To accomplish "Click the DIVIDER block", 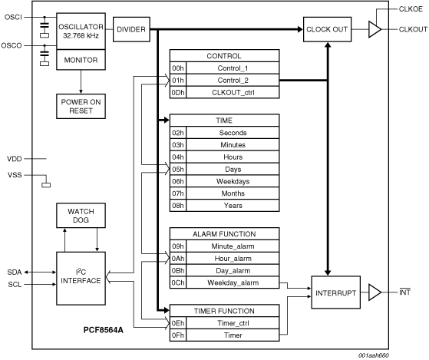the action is (x=131, y=29).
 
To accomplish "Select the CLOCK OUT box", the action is (x=327, y=29).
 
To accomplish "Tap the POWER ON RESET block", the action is (x=81, y=106).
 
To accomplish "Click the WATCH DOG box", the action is (x=81, y=215).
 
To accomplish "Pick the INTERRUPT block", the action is (x=335, y=292).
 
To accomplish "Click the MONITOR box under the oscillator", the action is (x=81, y=60).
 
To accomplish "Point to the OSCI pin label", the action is (x=13, y=17).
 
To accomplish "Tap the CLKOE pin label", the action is (x=411, y=9).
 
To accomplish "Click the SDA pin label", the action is (x=15, y=272).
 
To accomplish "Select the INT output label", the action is (x=404, y=292).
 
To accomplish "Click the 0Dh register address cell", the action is (x=178, y=92).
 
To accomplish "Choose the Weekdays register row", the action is (x=224, y=181).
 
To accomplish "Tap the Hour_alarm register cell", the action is (x=233, y=258).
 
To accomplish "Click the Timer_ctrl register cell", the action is (x=233, y=323).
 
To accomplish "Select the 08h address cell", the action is (x=178, y=205).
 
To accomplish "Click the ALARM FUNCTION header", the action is (x=224, y=234).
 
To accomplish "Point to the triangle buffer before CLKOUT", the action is (x=375, y=29).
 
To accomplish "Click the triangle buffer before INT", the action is (x=375, y=292).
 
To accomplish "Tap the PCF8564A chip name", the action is (x=103, y=330).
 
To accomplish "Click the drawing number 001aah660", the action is (x=374, y=355).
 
